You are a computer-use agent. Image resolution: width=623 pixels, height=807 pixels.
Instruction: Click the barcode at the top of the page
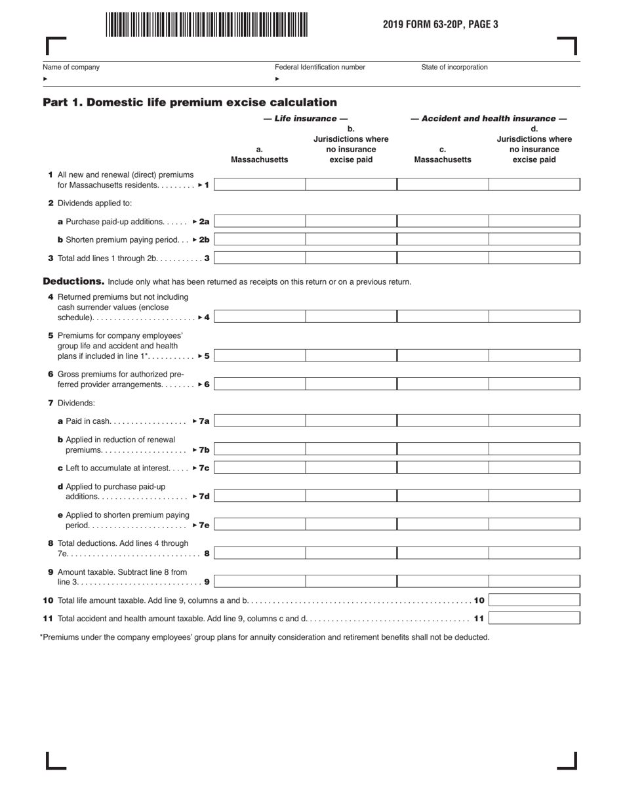coord(205,24)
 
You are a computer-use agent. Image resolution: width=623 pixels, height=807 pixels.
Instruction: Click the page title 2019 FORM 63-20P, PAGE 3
coord(441,25)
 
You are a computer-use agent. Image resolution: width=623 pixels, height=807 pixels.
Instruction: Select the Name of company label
coord(71,67)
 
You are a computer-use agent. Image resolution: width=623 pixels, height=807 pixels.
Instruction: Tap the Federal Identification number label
coord(319,67)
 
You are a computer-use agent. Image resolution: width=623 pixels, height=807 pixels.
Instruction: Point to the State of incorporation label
coord(454,67)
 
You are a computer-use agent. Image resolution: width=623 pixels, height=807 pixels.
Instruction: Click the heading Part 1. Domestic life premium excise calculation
coord(190,102)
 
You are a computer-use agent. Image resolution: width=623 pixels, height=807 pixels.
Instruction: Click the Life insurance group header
coord(305,119)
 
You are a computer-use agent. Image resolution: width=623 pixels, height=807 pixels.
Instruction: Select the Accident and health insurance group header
coord(489,119)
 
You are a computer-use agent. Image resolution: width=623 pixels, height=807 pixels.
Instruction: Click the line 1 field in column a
coord(260,185)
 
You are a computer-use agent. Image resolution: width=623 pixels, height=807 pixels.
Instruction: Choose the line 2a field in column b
coord(351,222)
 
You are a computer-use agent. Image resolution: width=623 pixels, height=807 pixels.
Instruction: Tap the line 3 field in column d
coord(534,259)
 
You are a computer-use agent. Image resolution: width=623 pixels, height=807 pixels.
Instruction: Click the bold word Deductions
coord(73,281)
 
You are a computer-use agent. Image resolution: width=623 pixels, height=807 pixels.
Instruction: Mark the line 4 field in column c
coord(443,317)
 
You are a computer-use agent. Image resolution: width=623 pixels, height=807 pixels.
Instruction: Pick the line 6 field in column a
coord(260,384)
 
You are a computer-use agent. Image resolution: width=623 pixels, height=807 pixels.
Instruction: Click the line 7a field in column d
coord(534,421)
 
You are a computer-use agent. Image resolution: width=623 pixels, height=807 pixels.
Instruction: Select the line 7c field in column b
coord(351,468)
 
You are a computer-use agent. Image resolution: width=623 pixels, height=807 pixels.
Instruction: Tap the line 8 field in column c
coord(443,553)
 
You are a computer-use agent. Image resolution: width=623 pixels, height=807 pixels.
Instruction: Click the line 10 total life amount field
coord(534,600)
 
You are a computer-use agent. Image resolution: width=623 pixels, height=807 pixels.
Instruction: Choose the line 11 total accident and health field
coord(534,618)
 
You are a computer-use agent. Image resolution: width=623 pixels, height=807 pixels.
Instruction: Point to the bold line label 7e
coord(204,526)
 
